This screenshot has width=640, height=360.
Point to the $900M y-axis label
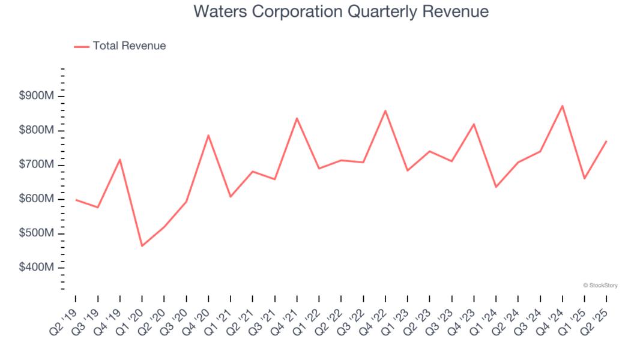[x=37, y=96]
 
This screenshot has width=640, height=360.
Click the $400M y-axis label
[x=37, y=267]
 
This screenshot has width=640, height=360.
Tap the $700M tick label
[x=37, y=164]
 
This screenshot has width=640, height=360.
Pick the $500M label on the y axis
[x=37, y=233]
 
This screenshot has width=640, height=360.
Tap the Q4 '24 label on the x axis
[x=551, y=317]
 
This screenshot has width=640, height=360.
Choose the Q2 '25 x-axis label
[x=596, y=317]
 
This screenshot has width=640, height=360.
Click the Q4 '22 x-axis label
[x=374, y=317]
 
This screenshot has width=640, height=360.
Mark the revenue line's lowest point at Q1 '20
[x=142, y=246]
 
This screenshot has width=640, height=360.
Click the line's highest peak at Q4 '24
[x=562, y=106]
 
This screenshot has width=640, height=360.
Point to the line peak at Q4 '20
[x=208, y=135]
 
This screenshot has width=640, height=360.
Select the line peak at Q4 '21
[x=297, y=118]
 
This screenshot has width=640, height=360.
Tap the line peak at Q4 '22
[x=385, y=110]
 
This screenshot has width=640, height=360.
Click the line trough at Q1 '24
[x=496, y=187]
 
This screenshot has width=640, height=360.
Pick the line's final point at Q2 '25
[x=606, y=141]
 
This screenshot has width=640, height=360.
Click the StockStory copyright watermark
[x=600, y=286]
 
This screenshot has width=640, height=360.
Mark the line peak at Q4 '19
[x=120, y=160]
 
